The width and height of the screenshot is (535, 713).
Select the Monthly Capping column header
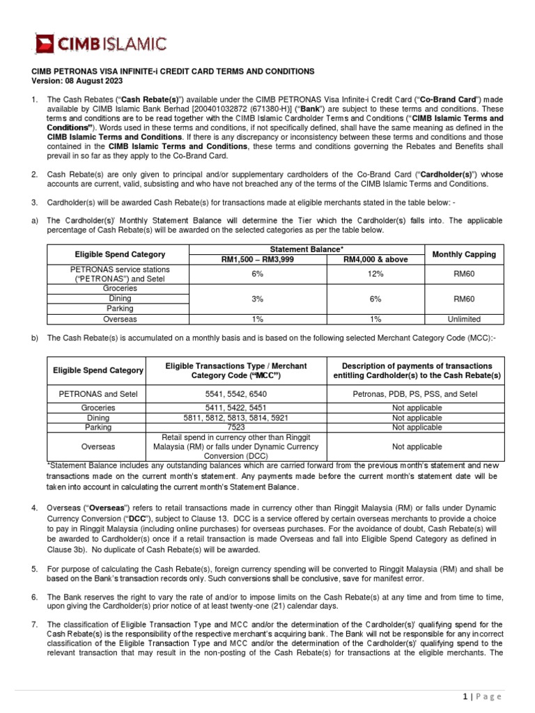click(464, 254)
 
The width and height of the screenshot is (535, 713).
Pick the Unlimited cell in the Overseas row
click(464, 319)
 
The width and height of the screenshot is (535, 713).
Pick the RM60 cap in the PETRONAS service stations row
click(464, 274)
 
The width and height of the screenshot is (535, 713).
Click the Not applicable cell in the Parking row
click(417, 427)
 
